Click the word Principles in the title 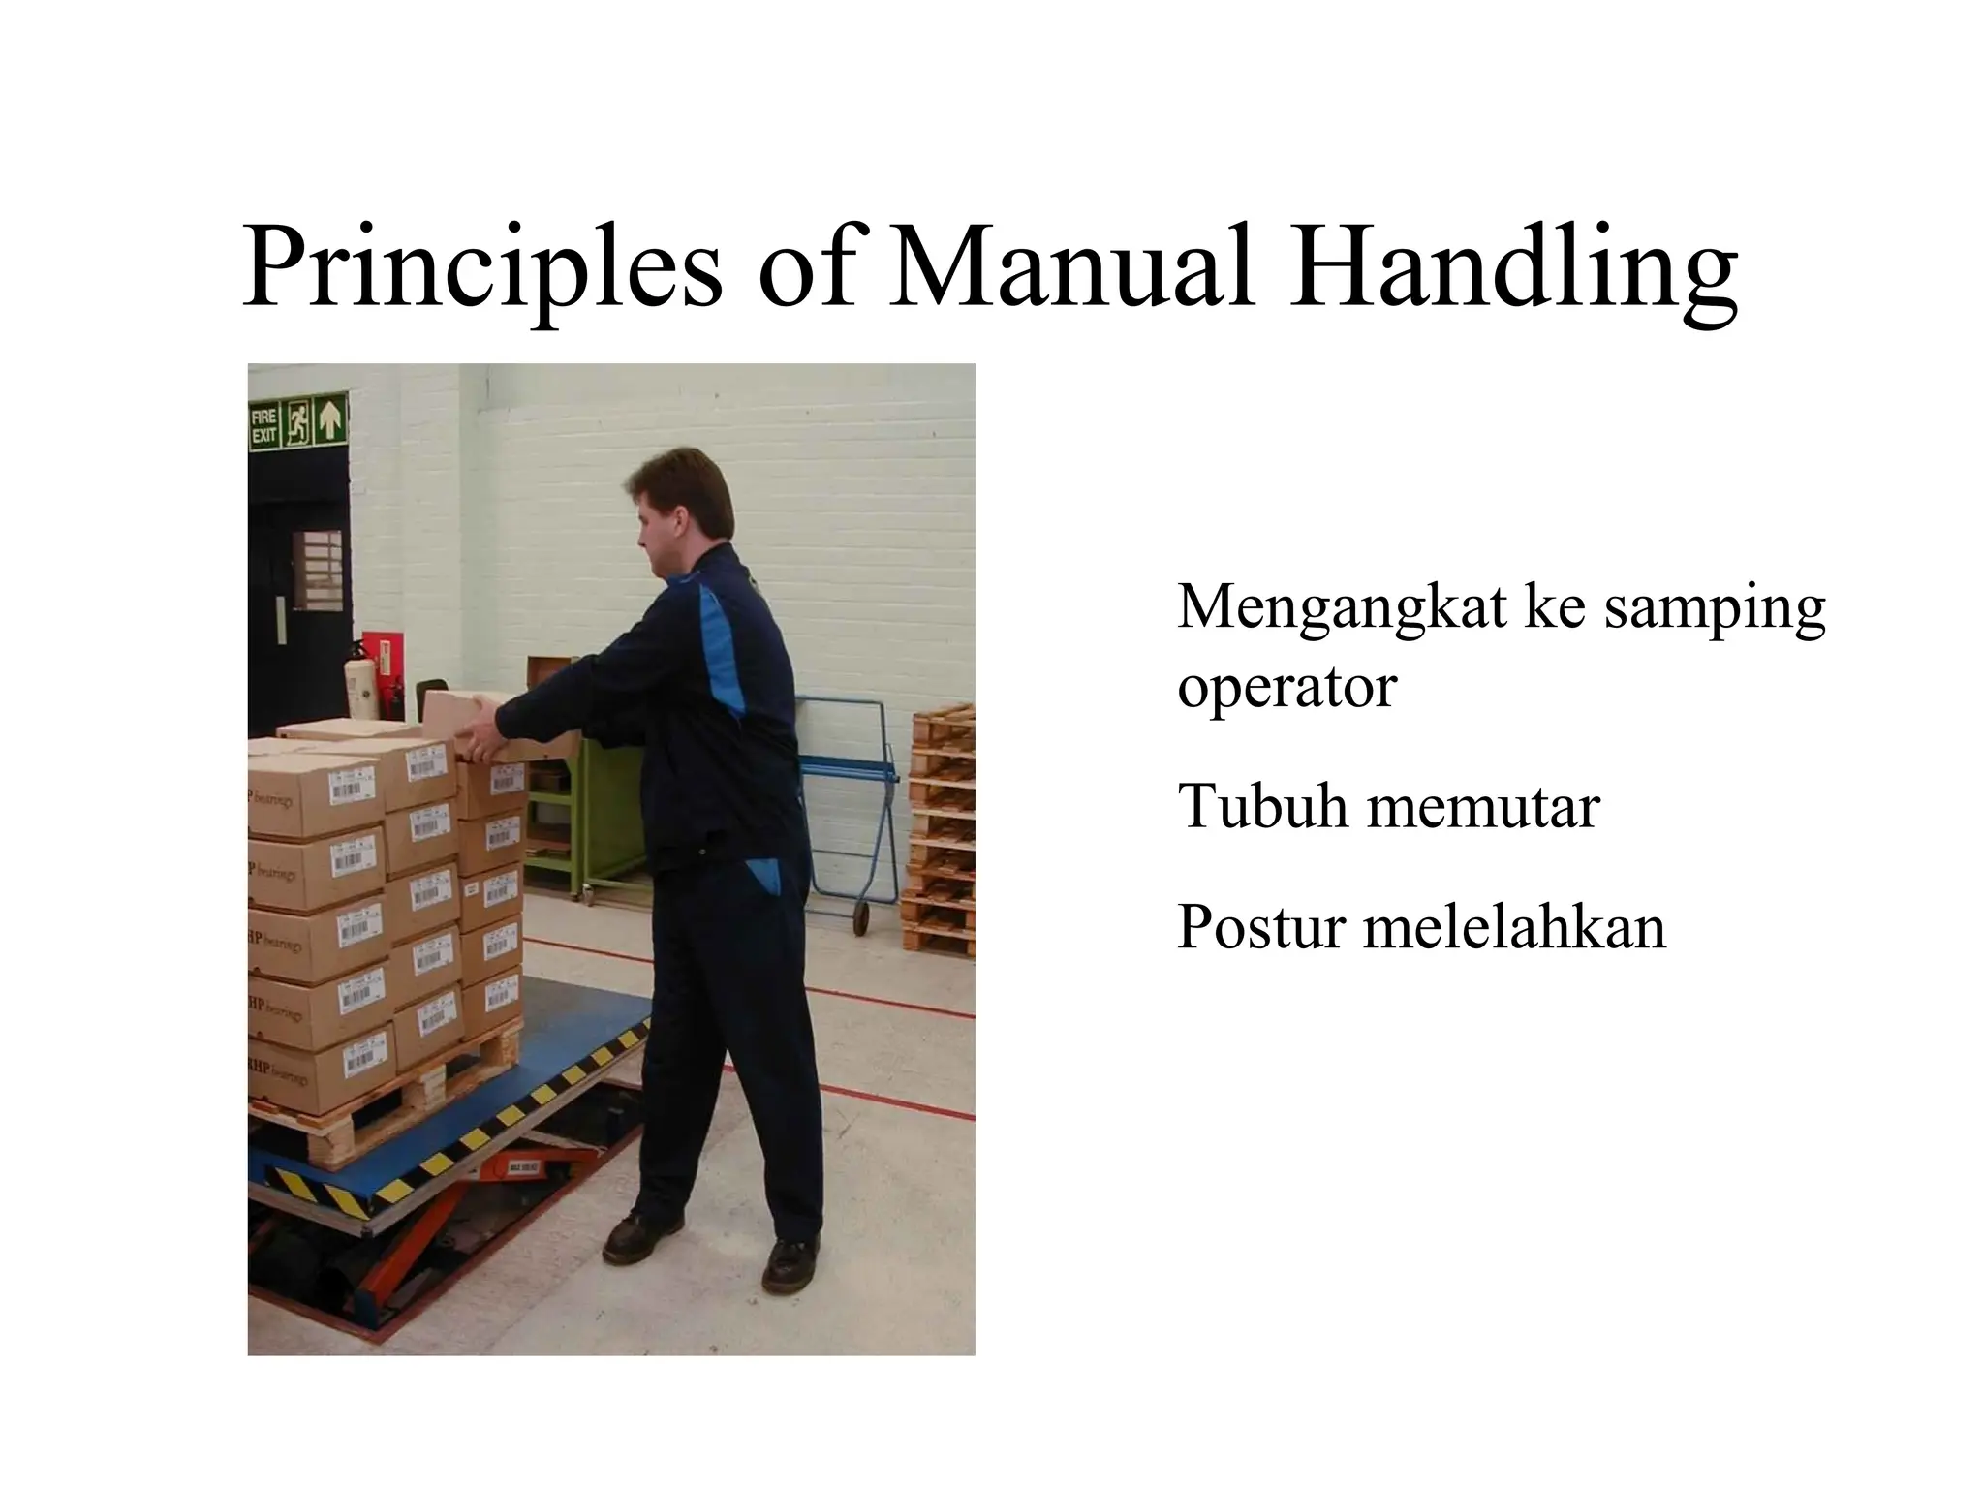tap(481, 266)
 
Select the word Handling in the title tap(1513, 266)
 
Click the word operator tap(1286, 688)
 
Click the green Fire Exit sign tap(297, 422)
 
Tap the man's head tap(678, 509)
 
